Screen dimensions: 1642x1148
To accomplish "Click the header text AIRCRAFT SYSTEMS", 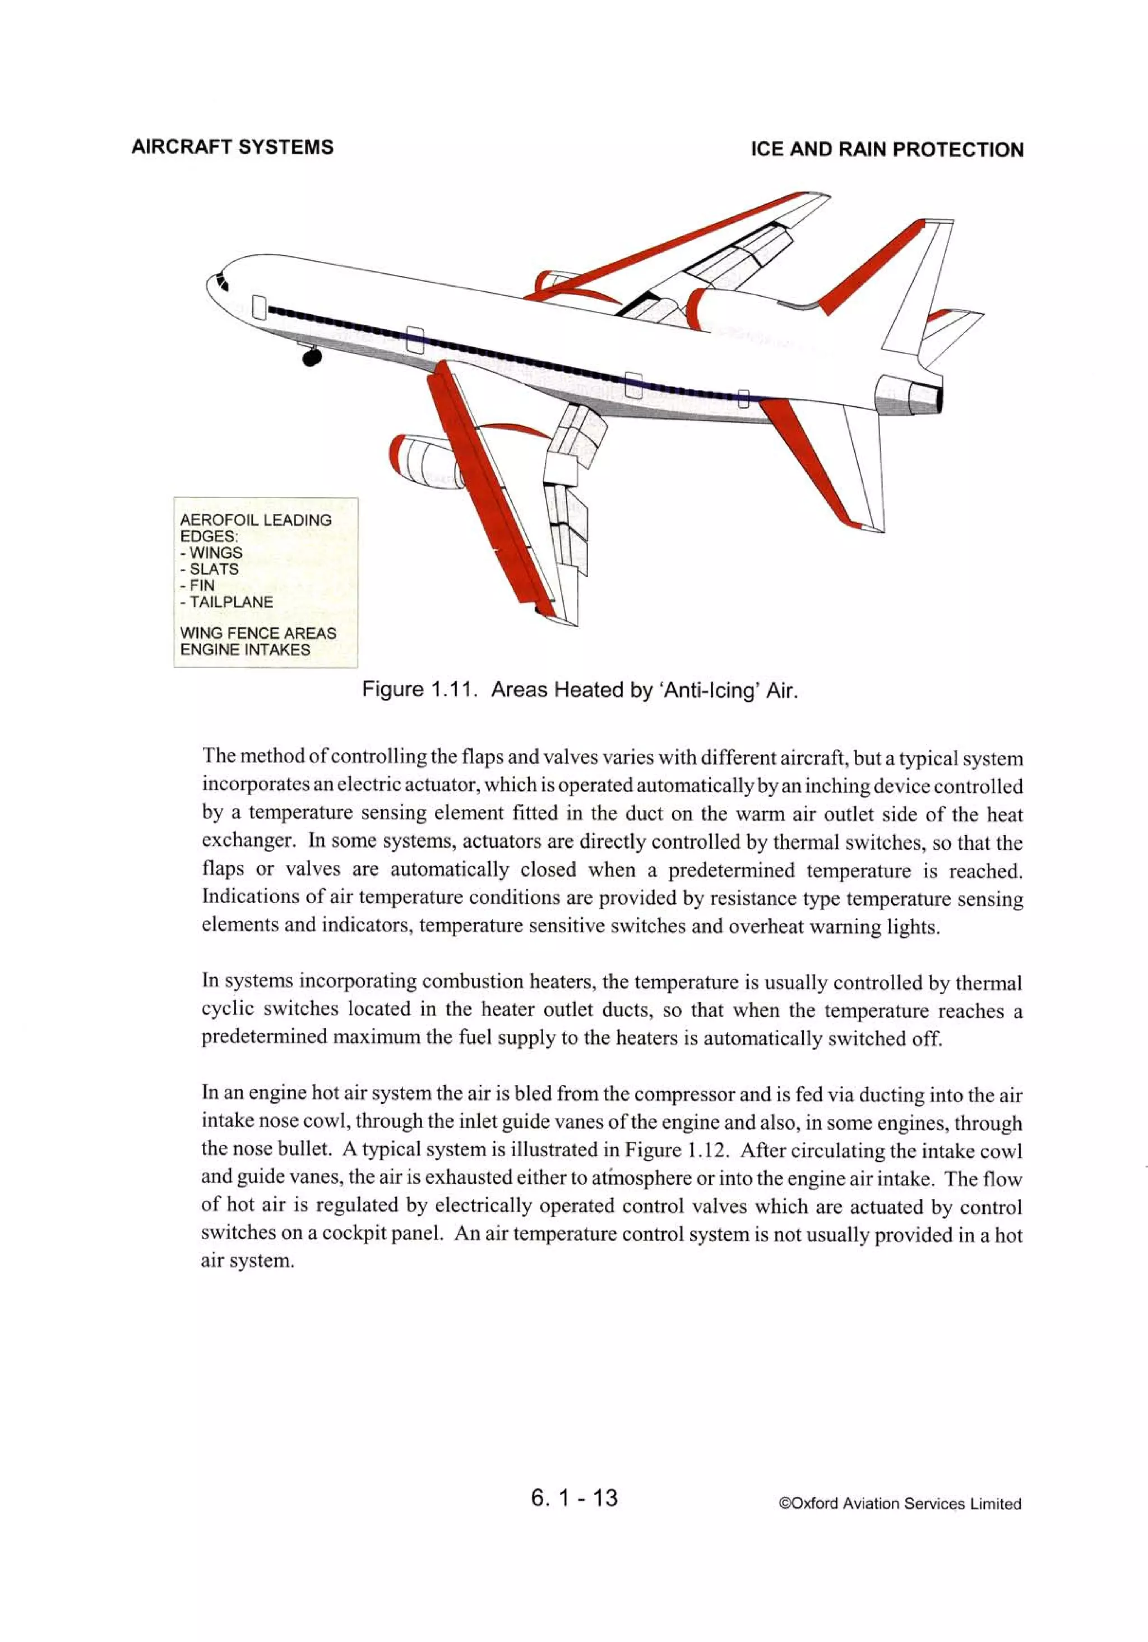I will click(232, 148).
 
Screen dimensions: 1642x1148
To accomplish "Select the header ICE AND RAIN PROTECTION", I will click(886, 149).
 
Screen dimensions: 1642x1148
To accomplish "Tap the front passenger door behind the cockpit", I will click(260, 307).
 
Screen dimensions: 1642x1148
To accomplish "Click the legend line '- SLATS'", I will click(210, 569).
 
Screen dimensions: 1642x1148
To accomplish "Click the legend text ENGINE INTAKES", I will click(245, 650).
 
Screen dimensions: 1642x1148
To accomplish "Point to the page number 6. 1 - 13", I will click(574, 1497).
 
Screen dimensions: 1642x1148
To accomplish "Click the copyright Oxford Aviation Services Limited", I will click(899, 1503).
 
